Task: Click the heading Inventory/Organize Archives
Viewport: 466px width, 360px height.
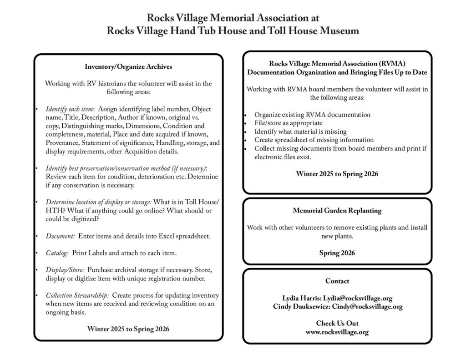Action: [x=128, y=66]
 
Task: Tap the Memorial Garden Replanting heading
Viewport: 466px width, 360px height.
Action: [x=337, y=211]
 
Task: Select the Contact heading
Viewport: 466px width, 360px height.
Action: [x=337, y=281]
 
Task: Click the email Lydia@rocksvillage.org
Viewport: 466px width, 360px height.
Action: [x=358, y=298]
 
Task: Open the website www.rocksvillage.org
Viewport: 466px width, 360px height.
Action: [x=337, y=332]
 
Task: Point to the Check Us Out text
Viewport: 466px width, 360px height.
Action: [x=337, y=323]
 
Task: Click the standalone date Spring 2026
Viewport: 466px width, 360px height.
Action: [x=337, y=253]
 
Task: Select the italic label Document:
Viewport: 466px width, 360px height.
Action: [x=61, y=236]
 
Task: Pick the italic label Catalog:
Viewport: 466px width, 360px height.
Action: [x=57, y=253]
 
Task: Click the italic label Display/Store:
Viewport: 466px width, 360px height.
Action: [x=65, y=269]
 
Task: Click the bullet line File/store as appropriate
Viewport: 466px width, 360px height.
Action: [x=289, y=123]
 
